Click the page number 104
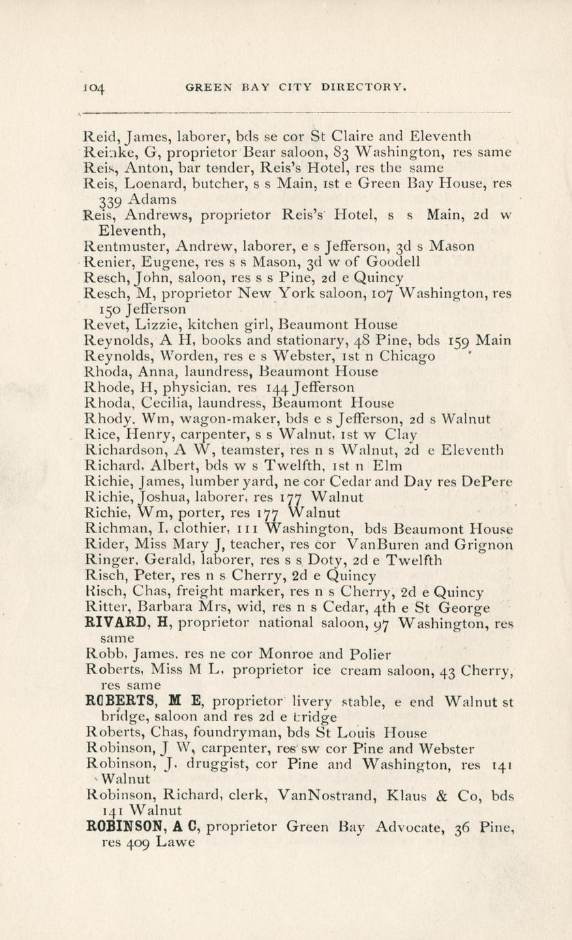93,88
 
